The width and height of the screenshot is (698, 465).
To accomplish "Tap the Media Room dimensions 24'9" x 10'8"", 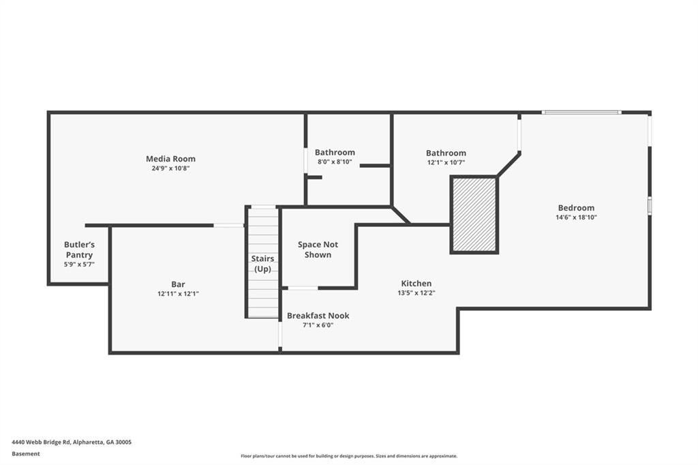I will (170, 168).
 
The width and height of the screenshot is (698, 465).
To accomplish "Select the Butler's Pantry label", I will (79, 250).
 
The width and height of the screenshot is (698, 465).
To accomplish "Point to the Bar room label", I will (178, 284).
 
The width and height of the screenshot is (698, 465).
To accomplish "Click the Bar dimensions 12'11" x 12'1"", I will (178, 294).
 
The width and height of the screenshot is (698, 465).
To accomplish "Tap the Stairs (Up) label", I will (263, 264).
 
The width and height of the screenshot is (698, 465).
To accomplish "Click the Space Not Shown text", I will (318, 250).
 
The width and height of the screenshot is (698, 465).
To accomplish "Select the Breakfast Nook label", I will (318, 316).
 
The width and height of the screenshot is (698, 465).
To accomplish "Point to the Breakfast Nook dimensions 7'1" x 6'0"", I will (318, 325).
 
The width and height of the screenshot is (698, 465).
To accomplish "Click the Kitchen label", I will (416, 283).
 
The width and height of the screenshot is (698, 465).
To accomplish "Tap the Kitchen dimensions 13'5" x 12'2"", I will (416, 292).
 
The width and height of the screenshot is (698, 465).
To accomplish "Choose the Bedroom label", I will (576, 208).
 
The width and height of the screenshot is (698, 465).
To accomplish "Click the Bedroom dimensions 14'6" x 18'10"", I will (576, 217).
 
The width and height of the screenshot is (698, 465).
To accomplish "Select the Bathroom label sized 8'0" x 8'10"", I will (335, 152).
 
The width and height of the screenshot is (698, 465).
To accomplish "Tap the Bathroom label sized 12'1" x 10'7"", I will (446, 153).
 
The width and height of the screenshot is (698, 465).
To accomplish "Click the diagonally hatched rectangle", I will (474, 215).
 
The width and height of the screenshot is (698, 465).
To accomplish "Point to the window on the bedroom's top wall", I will (581, 112).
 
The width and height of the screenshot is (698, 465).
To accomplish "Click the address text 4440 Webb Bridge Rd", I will (72, 442).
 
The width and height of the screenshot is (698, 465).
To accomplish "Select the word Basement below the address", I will (26, 453).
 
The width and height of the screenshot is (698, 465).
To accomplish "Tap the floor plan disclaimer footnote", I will (348, 456).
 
